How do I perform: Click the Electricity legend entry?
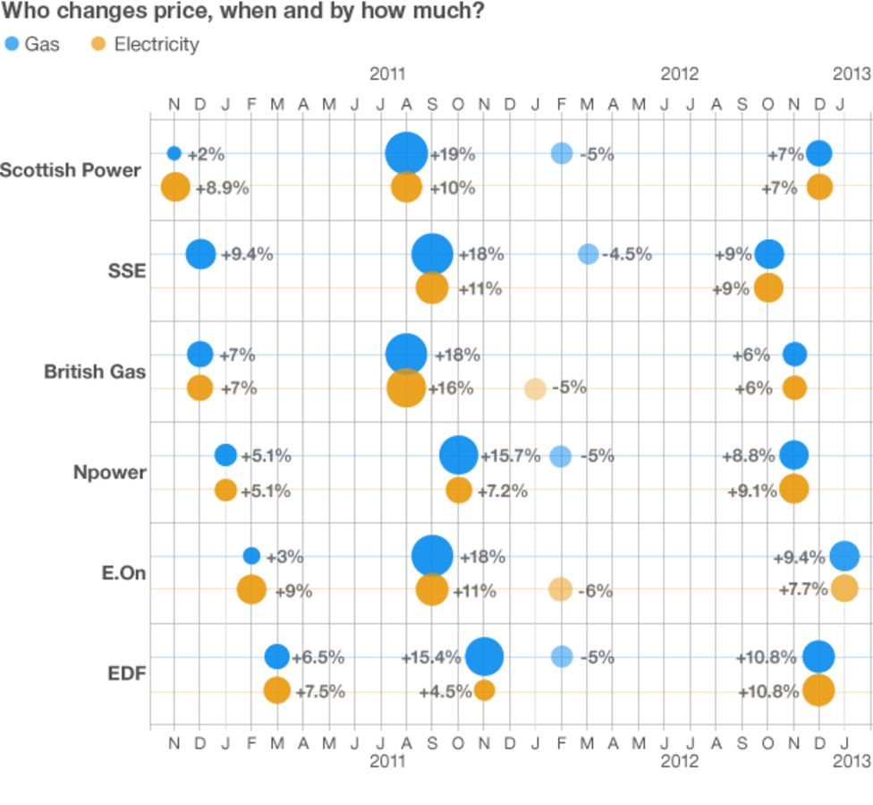146,44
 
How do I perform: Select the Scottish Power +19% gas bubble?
406,153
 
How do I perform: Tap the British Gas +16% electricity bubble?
406,389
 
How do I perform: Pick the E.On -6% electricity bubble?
560,589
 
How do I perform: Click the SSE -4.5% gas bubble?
588,254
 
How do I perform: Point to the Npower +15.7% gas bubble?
459,455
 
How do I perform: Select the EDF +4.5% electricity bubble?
484,690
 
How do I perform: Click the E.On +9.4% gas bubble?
843,556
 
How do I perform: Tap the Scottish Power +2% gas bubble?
174,153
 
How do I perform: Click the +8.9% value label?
222,188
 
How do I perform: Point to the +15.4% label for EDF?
430,657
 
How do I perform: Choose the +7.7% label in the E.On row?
802,589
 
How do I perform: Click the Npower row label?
109,472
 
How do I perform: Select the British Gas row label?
95,372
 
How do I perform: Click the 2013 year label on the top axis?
852,73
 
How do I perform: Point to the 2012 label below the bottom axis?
680,761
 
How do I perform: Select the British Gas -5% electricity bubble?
535,389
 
